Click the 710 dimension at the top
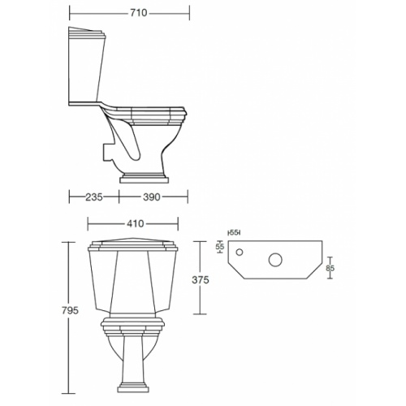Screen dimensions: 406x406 (x=128, y=13)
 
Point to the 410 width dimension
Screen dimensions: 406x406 (x=135, y=223)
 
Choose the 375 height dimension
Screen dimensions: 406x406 (x=201, y=280)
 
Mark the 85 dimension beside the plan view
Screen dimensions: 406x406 (x=330, y=267)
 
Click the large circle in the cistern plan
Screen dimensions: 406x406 (x=277, y=261)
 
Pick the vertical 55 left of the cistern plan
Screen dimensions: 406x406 (x=219, y=246)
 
